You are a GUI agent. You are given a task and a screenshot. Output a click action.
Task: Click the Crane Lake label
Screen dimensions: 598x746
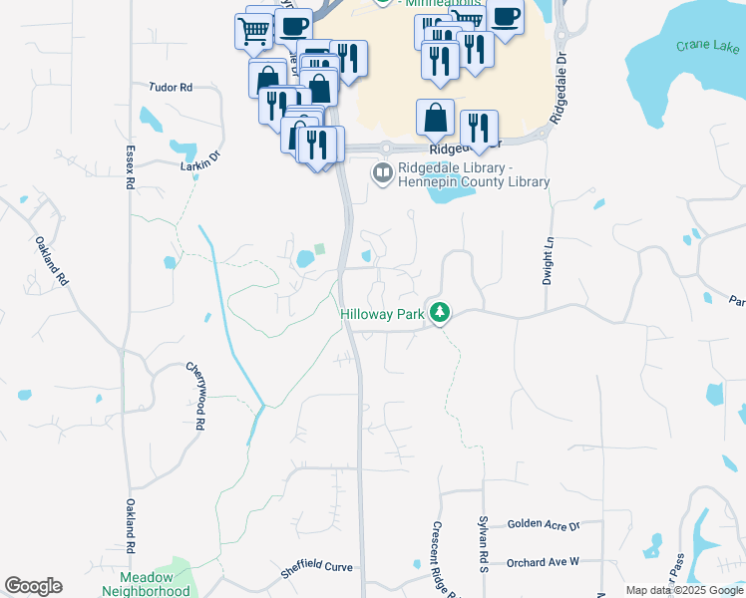[x=708, y=46]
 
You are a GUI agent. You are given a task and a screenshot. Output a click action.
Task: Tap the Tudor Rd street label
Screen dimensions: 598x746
[x=171, y=88]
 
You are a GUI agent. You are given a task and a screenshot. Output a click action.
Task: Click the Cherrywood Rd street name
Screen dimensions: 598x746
[x=196, y=396]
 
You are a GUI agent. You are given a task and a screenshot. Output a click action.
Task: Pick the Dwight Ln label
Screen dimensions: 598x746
[x=548, y=261]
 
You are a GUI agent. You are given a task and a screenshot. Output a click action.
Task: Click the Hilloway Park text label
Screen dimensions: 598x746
[x=383, y=314]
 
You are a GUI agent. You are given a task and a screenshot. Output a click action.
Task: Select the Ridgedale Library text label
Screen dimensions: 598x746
[x=474, y=175]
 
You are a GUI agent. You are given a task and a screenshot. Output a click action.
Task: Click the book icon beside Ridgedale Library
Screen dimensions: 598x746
[x=382, y=174]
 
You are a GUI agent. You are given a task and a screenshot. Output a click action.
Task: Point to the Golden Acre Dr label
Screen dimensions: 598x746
[x=543, y=523]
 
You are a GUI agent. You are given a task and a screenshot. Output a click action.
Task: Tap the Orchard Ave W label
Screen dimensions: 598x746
[x=543, y=562]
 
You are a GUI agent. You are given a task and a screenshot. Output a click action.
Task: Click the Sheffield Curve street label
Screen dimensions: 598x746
[x=316, y=567]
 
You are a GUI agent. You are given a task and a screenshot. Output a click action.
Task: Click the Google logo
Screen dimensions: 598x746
[x=33, y=586]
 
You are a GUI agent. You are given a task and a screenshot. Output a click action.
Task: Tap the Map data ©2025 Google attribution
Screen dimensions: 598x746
[x=683, y=590]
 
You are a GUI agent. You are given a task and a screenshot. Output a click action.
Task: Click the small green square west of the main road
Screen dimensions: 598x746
[x=319, y=249]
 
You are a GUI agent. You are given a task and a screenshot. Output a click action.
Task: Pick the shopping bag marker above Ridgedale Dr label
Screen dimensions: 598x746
[x=436, y=119]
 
